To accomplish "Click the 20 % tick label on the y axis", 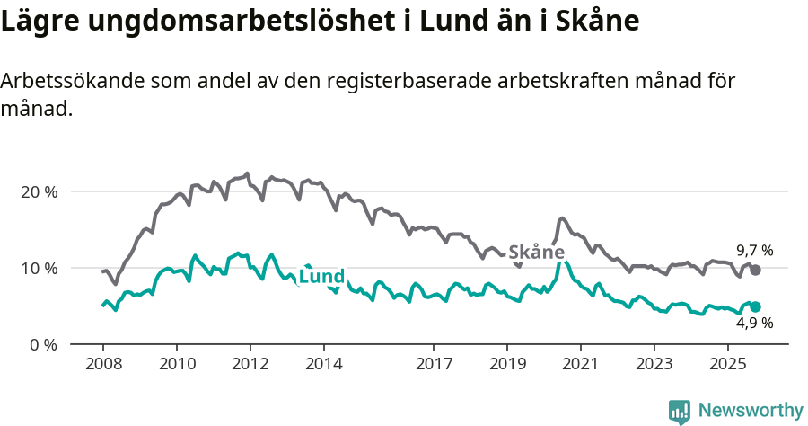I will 38,191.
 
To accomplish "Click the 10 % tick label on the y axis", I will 38,268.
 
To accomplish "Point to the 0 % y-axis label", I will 42,344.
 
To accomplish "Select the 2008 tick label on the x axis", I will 102,365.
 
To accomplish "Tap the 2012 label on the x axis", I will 250,365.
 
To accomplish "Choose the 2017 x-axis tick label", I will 434,365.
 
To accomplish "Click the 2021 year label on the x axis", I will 581,365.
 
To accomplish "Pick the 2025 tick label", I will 728,365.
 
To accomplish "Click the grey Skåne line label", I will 537,253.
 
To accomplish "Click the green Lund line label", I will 321,277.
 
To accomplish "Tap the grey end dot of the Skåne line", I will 755,270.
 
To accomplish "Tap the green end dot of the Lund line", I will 755,306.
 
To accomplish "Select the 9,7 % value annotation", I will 755,251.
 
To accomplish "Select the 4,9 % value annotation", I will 755,324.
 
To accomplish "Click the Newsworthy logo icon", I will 680,411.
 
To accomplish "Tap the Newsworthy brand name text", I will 751,411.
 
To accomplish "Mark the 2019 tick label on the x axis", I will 507,365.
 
